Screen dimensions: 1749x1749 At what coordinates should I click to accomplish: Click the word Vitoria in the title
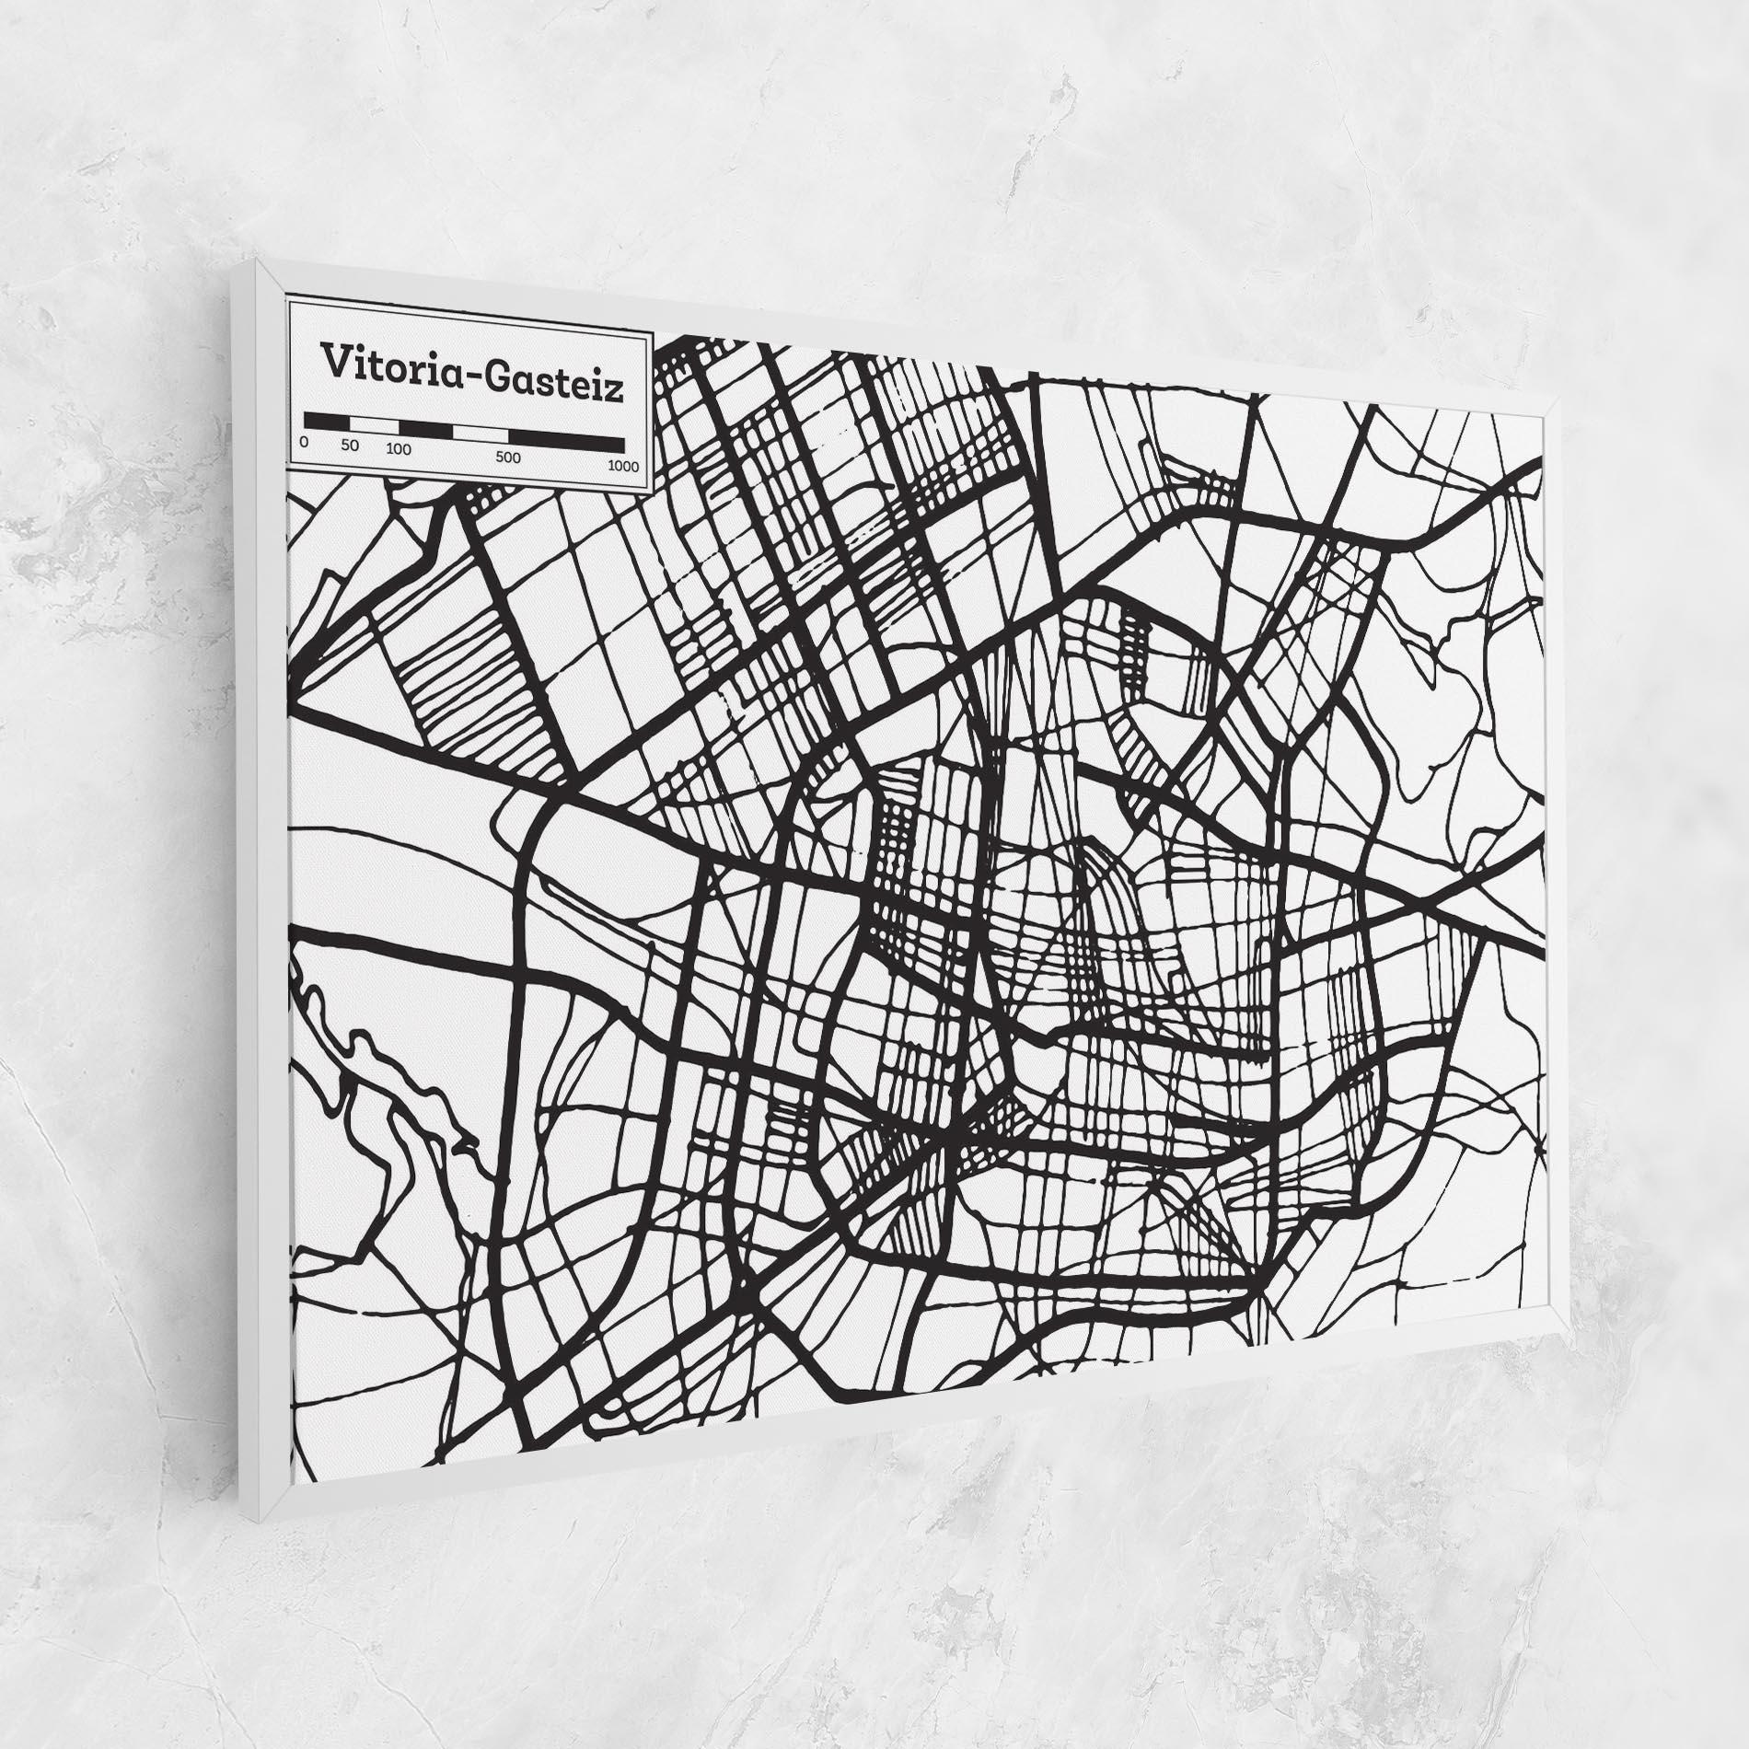coord(386,363)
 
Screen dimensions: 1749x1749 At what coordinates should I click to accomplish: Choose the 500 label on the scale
coord(508,458)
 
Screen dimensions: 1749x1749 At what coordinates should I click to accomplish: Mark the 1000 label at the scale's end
coord(623,466)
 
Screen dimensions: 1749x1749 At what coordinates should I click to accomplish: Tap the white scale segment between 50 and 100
coord(373,425)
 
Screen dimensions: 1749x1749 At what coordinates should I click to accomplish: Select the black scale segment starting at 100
coord(425,430)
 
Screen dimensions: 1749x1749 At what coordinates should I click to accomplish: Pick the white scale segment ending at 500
coord(481,434)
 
